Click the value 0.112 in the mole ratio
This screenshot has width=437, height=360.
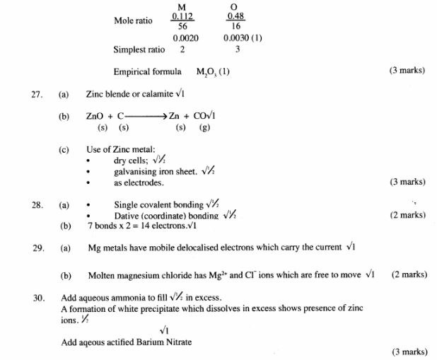(182, 16)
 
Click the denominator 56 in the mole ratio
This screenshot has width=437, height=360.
(182, 26)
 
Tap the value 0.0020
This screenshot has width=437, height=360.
(184, 38)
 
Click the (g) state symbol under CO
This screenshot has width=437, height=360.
(205, 128)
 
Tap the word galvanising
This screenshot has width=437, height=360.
(135, 172)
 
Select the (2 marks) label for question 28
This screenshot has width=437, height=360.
(408, 215)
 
